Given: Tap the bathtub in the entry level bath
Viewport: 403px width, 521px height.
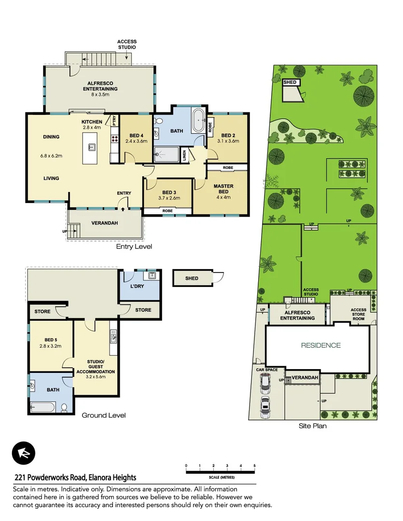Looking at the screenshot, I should coord(198,120).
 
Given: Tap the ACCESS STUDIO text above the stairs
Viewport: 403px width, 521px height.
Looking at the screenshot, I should coord(127,44).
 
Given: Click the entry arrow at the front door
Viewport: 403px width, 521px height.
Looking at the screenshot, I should coord(124,209).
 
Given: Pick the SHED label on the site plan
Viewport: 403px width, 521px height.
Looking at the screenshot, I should coord(290,82).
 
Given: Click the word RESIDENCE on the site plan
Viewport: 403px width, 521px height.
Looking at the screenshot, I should coord(321,345).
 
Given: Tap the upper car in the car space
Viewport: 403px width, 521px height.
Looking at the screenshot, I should coord(264,384).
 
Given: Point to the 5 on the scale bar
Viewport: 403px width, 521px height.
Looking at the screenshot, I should coord(254,466).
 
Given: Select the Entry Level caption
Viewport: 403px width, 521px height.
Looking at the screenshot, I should coord(134,247).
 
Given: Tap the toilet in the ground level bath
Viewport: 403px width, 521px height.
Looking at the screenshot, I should coord(64,408).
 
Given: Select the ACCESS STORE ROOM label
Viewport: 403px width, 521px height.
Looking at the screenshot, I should coord(358,314).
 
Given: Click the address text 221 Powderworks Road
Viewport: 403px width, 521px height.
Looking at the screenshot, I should coord(75,478).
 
